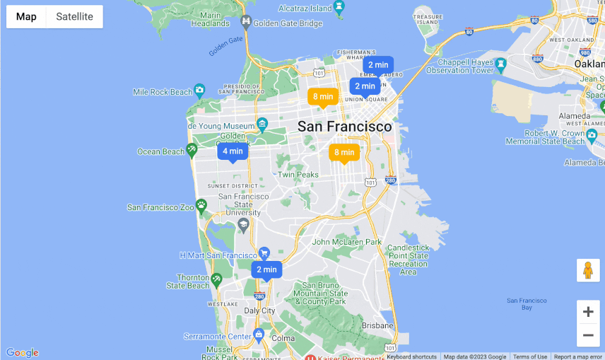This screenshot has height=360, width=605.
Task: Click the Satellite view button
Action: click(x=74, y=17)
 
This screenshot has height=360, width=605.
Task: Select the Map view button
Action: click(x=26, y=17)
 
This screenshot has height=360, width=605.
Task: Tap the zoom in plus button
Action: click(x=588, y=312)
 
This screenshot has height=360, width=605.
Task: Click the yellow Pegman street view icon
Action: click(x=588, y=270)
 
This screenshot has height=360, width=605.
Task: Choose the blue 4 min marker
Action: click(x=233, y=151)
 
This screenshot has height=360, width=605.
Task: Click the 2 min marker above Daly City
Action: click(x=266, y=269)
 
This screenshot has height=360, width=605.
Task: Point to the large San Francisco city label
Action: click(x=344, y=127)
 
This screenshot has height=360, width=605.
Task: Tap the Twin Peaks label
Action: click(x=298, y=175)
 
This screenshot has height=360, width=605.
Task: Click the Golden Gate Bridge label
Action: click(x=288, y=23)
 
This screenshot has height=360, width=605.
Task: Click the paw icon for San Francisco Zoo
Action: click(x=201, y=206)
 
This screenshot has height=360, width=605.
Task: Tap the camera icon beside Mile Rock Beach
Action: click(x=200, y=90)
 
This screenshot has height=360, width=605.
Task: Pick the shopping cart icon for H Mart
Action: click(x=264, y=253)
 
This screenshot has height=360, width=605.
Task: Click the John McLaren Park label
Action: click(x=347, y=242)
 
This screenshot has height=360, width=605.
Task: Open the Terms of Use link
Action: click(x=530, y=356)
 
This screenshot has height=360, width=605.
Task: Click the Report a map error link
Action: click(x=577, y=356)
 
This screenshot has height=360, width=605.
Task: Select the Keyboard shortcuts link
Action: click(x=412, y=356)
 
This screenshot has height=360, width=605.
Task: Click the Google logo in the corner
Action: click(x=22, y=353)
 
